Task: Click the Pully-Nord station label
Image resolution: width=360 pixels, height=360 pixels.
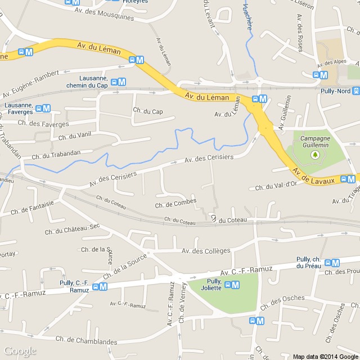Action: (335, 91)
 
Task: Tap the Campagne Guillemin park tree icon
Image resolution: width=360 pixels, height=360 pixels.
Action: (315, 154)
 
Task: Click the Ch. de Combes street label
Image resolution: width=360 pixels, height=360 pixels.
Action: (175, 202)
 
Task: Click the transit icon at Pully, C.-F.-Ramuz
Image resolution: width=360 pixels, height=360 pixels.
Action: (100, 287)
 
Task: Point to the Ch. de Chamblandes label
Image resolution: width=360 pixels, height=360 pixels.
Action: (87, 341)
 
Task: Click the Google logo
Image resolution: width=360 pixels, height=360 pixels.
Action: (20, 352)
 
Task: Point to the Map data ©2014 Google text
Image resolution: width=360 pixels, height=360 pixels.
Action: (325, 356)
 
